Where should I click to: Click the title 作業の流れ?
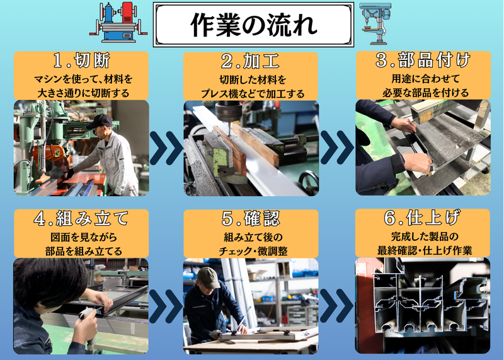click(254, 25)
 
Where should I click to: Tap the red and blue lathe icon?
click(118, 22)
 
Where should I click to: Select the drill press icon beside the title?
click(375, 23)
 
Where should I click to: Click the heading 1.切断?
click(82, 61)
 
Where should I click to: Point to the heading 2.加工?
click(250, 61)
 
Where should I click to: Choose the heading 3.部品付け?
click(423, 60)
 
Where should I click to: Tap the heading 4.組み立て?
click(81, 218)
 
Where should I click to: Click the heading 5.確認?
click(251, 218)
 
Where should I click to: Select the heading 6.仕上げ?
click(422, 218)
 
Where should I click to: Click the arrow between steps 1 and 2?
click(166, 148)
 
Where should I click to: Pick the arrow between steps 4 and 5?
click(166, 306)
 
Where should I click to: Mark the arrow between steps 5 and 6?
click(336, 305)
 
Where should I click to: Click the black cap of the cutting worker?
click(100, 121)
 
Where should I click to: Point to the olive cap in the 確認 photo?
click(209, 277)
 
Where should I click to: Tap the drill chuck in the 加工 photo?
click(229, 112)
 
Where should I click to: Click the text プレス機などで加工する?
click(253, 93)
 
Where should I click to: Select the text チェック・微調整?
click(253, 252)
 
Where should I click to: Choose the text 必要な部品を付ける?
click(426, 93)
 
